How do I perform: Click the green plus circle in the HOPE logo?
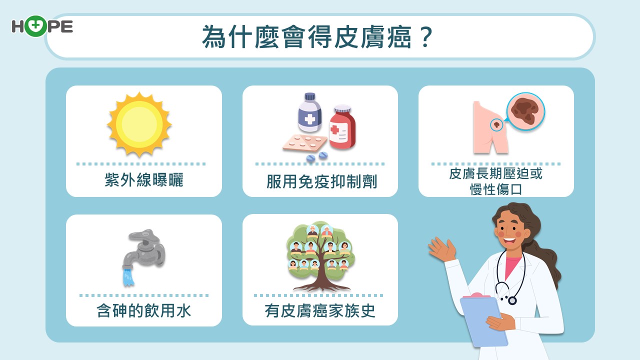(x=35, y=26)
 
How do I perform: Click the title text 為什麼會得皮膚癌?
(x=307, y=37)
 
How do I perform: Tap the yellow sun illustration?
(x=139, y=124)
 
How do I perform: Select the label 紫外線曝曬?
(x=143, y=179)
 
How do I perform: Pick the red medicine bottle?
(x=342, y=127)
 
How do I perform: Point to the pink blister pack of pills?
(x=304, y=143)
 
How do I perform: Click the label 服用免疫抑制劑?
(x=321, y=181)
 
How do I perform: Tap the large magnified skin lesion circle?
(x=525, y=111)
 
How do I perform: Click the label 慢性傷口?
(x=496, y=189)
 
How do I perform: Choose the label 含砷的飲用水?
(x=143, y=310)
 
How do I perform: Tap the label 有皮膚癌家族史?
(x=320, y=310)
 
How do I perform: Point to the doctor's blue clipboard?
(x=483, y=320)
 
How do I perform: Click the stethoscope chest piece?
(x=511, y=300)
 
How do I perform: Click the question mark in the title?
(x=425, y=37)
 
